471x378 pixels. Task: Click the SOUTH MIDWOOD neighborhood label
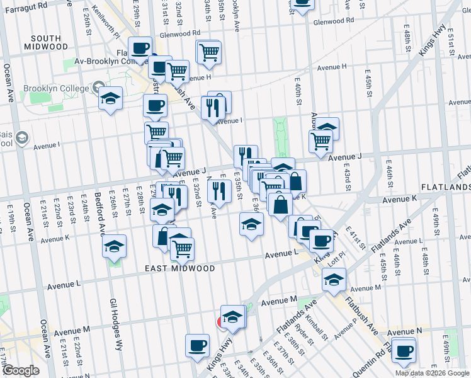pyautogui.click(x=45, y=42)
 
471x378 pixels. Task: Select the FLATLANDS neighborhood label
pyautogui.click(x=445, y=187)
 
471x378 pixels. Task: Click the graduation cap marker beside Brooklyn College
pyautogui.click(x=110, y=98)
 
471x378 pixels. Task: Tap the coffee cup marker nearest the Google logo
pyautogui.click(x=197, y=345)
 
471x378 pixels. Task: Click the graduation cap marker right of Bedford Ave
pyautogui.click(x=114, y=246)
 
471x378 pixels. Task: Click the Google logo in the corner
pyautogui.click(x=20, y=370)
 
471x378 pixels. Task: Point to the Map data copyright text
pyautogui.click(x=433, y=373)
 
